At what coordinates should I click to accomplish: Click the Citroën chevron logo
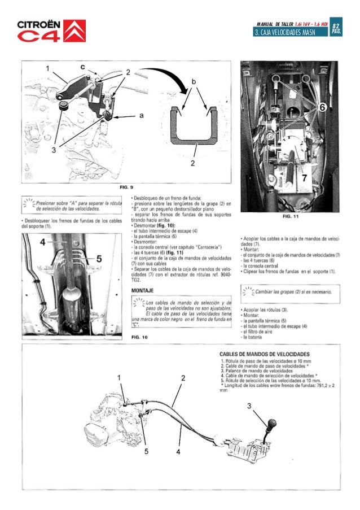[x=76, y=30]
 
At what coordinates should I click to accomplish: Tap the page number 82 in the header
[x=336, y=27]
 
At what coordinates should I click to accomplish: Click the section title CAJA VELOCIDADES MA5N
[x=284, y=34]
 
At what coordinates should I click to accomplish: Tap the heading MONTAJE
[x=144, y=290]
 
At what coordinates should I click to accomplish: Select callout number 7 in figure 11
[x=304, y=179]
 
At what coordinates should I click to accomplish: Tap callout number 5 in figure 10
[x=98, y=258]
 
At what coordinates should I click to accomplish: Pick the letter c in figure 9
[x=83, y=67]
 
